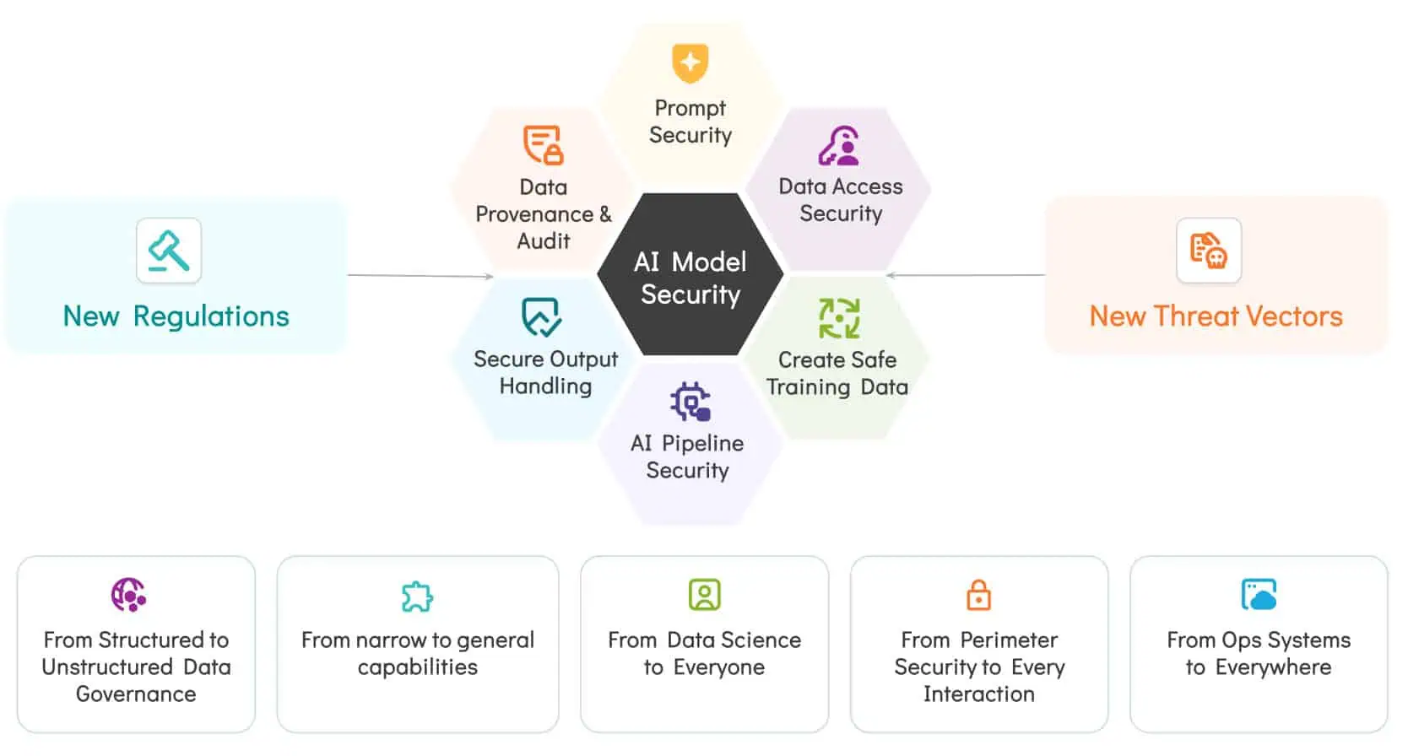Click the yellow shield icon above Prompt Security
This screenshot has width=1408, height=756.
tap(690, 63)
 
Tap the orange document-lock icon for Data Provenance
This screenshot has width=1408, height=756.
tap(543, 145)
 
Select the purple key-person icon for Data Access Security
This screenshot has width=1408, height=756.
tap(839, 146)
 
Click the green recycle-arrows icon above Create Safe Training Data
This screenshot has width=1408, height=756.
tap(839, 318)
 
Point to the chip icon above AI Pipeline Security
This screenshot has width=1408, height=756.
tap(690, 402)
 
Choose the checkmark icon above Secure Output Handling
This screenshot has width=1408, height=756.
tap(541, 317)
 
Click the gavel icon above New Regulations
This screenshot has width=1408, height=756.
tap(169, 251)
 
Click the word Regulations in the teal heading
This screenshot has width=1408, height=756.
tap(211, 316)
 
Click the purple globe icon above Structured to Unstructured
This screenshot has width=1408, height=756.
tap(128, 595)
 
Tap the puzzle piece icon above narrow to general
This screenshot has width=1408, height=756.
tap(417, 597)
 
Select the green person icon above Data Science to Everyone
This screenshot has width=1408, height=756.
tap(704, 595)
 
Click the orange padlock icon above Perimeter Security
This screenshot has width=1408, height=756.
tap(978, 595)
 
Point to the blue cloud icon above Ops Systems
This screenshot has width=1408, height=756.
tap(1259, 595)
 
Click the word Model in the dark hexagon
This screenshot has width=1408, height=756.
tap(709, 262)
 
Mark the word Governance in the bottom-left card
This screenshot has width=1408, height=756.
tap(136, 694)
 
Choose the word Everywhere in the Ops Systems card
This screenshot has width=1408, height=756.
tap(1273, 667)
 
